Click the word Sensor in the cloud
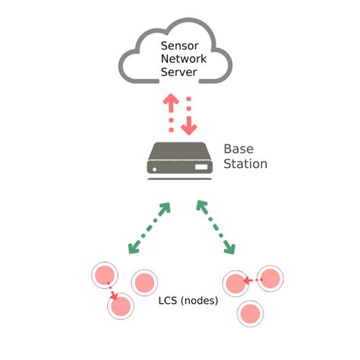pos(178,46)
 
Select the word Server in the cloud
pos(178,73)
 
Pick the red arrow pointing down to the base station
pos(188,114)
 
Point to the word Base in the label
pos(238,149)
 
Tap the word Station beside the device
pos(245,163)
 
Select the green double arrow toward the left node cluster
pos(149,227)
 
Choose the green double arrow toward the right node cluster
pos(216,227)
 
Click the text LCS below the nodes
pos(169,300)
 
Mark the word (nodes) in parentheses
pos(201,300)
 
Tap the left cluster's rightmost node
pos(144,283)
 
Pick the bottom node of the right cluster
pos(251,312)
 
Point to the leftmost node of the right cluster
pos(236,284)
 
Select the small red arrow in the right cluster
pos(253,280)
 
